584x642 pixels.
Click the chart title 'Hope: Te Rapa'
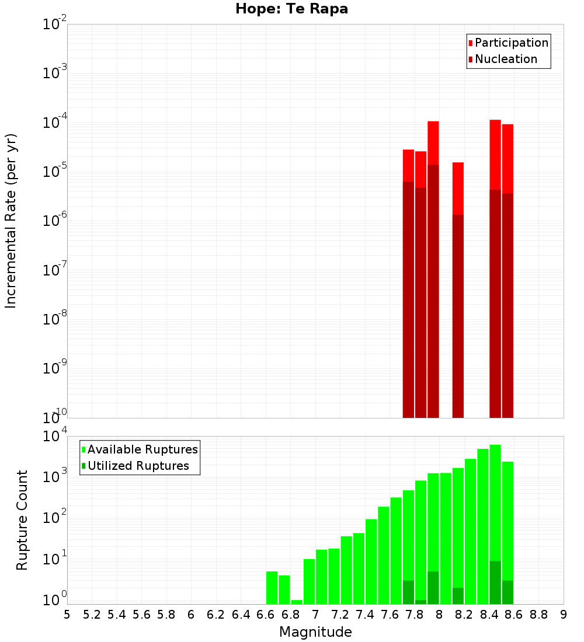291,9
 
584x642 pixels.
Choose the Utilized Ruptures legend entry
138,466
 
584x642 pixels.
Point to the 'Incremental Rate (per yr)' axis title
11,221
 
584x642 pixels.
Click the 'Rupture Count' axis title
22,520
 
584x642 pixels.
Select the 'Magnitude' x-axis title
315,632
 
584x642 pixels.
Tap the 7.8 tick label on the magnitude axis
415,614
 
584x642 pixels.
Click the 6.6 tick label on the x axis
266,614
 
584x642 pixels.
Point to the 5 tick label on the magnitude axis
67,614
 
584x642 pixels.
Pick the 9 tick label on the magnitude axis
564,614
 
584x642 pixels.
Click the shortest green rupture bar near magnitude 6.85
297,602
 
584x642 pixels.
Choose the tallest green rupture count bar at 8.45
495,502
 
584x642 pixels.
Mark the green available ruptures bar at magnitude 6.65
272,588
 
